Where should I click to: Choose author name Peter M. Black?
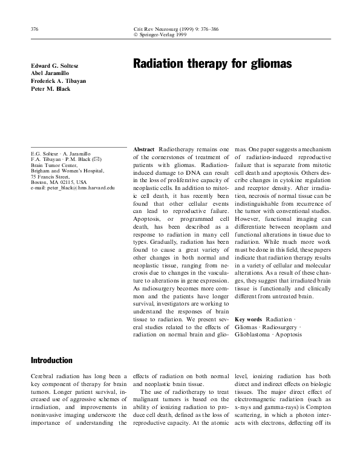(x=50, y=88)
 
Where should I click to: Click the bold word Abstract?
(x=143, y=149)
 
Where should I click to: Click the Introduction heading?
(x=51, y=361)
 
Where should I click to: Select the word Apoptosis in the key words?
(x=290, y=334)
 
